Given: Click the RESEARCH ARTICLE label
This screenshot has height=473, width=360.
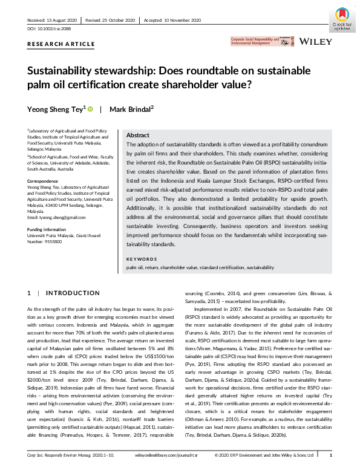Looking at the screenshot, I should (61, 44).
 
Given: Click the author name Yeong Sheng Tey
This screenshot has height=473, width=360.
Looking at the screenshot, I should (55, 109).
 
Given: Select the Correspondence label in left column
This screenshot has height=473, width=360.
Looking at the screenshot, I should (44, 181).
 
